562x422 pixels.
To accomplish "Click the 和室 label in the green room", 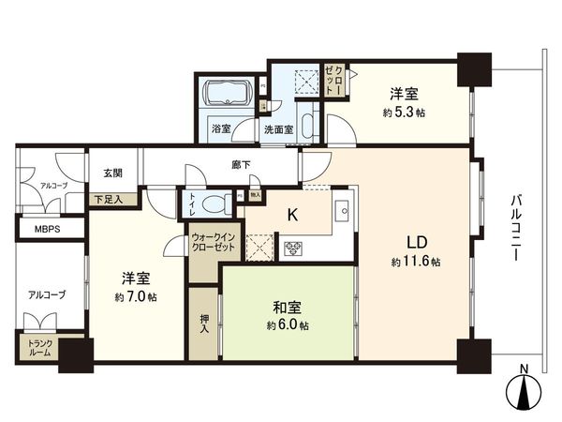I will (x=288, y=306).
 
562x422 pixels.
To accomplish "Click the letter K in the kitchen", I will (x=292, y=215).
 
